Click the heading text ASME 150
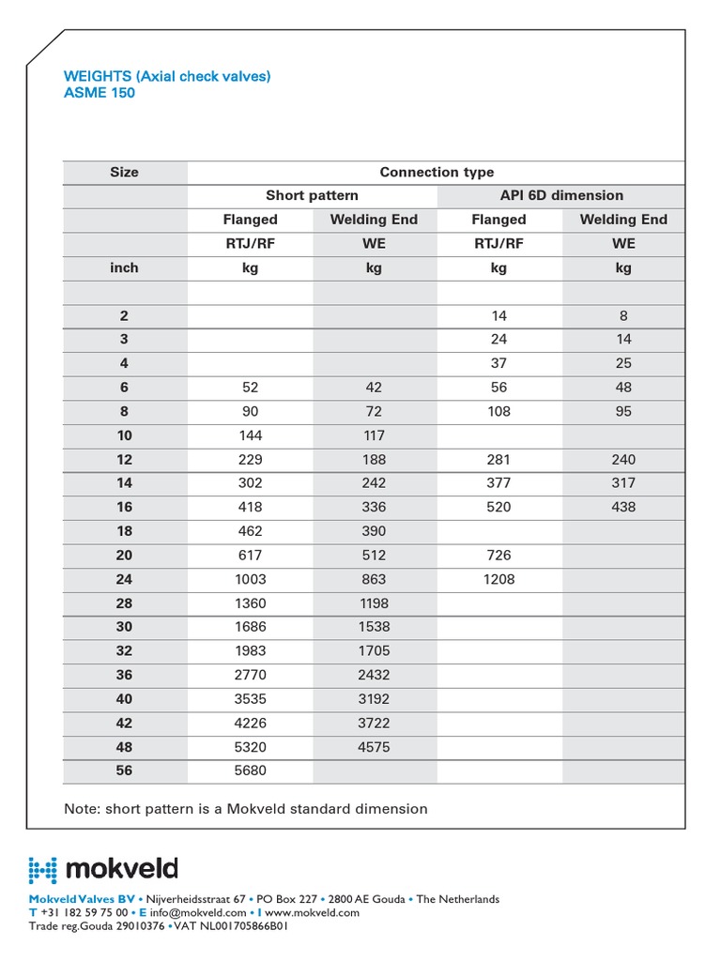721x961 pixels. (99, 93)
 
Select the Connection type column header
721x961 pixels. (437, 172)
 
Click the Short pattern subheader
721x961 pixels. (312, 195)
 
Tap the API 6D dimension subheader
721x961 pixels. (561, 195)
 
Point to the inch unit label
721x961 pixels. (124, 267)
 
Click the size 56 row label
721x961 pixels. (124, 770)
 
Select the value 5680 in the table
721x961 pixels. (250, 770)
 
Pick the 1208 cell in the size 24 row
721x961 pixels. (499, 579)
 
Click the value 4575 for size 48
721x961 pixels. (374, 747)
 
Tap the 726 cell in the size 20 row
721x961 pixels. (499, 555)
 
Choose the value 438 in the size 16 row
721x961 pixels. (623, 507)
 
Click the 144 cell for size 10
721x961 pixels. (250, 435)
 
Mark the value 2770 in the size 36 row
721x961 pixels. (250, 675)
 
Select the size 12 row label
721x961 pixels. (124, 459)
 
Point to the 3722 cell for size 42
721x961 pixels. (374, 723)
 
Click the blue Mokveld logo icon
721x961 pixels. (43, 869)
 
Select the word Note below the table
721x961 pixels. (82, 808)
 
